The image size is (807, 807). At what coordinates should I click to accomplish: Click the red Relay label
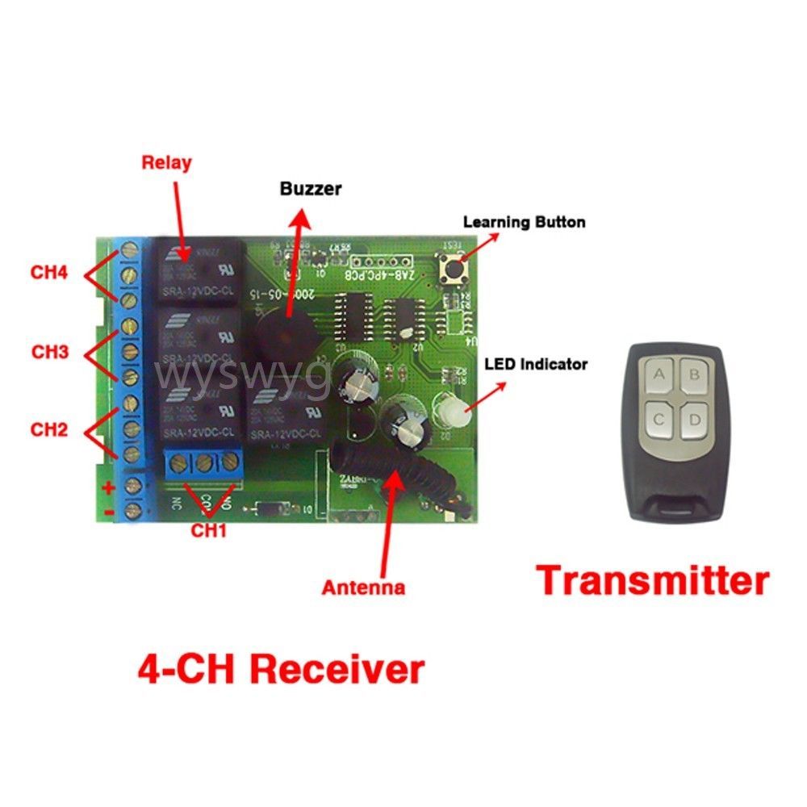pyautogui.click(x=166, y=162)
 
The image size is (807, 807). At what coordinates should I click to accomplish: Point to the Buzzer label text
pyautogui.click(x=311, y=190)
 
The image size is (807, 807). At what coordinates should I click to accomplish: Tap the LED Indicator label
pyautogui.click(x=535, y=364)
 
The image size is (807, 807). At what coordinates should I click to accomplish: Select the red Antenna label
pyautogui.click(x=363, y=587)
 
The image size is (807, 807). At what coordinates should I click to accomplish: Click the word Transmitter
pyautogui.click(x=653, y=580)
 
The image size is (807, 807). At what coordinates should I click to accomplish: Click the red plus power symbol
pyautogui.click(x=106, y=487)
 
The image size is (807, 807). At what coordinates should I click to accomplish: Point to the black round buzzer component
pyautogui.click(x=283, y=331)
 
